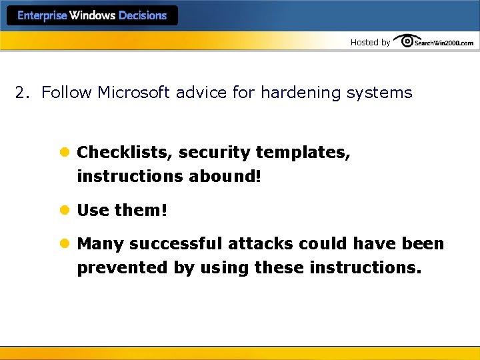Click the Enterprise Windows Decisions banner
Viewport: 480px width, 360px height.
(x=92, y=15)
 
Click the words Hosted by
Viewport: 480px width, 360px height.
(x=370, y=42)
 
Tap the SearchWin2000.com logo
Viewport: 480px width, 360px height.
(x=434, y=41)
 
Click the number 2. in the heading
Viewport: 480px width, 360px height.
(x=23, y=93)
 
